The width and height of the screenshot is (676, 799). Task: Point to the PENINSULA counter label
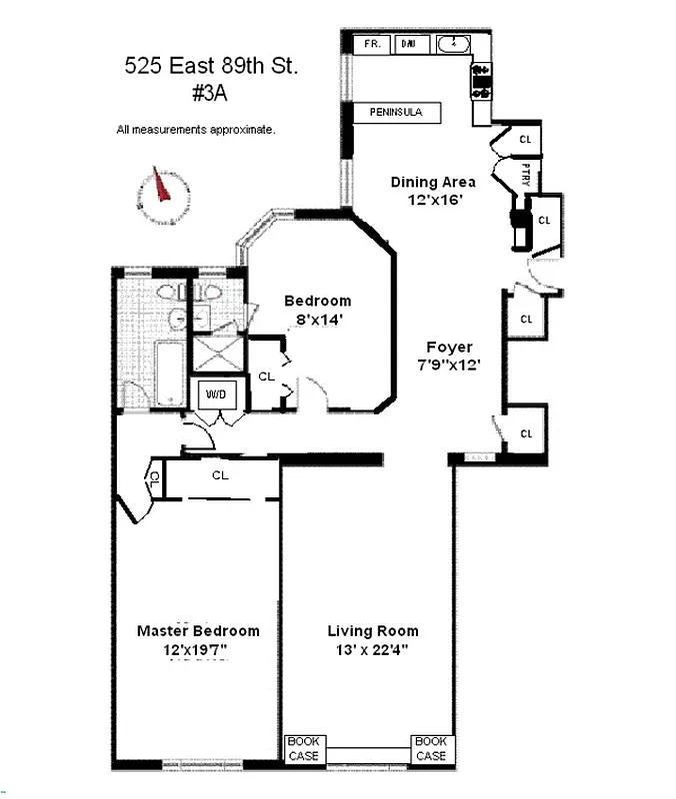[397, 113]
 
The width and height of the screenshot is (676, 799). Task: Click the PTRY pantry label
[526, 176]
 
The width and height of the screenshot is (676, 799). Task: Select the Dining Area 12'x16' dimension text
[433, 200]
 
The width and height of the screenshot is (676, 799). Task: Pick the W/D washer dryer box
[217, 395]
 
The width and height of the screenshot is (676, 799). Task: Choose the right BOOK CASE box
[431, 749]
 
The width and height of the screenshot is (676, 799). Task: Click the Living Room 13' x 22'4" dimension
[373, 650]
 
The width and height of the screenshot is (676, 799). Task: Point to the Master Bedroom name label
[198, 630]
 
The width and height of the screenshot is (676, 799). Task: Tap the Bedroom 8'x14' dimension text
[317, 320]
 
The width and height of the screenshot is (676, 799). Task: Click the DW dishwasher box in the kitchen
[408, 44]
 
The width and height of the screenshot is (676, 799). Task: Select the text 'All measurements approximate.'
[196, 130]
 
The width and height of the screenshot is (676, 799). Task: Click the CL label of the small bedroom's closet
[266, 377]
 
